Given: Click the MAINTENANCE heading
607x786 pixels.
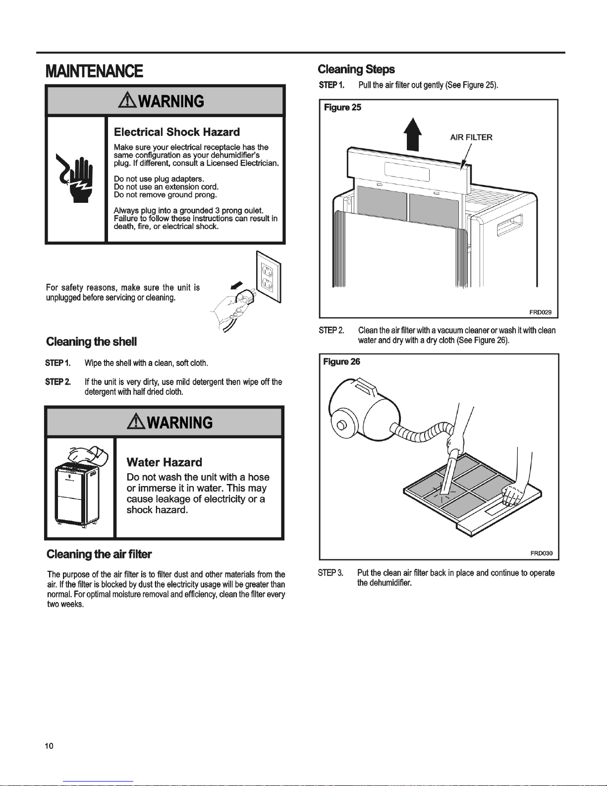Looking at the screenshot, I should [94, 71].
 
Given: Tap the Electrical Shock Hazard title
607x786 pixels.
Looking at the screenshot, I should [177, 132].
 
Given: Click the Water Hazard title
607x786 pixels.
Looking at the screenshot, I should [165, 462].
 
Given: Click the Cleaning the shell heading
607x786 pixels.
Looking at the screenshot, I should [91, 342].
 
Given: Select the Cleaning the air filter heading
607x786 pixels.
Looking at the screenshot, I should [99, 554].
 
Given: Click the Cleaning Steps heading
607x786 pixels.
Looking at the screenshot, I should [356, 69].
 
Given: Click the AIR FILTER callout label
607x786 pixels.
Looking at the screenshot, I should [471, 137].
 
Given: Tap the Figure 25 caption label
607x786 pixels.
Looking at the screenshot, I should [342, 108].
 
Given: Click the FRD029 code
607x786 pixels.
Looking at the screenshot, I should [540, 312].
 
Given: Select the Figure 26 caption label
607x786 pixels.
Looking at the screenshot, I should [341, 362].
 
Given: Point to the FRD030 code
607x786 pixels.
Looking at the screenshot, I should [541, 553].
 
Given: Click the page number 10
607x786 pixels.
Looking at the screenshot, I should [49, 746].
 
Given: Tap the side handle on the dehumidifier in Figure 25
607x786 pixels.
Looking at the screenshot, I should [509, 223].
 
